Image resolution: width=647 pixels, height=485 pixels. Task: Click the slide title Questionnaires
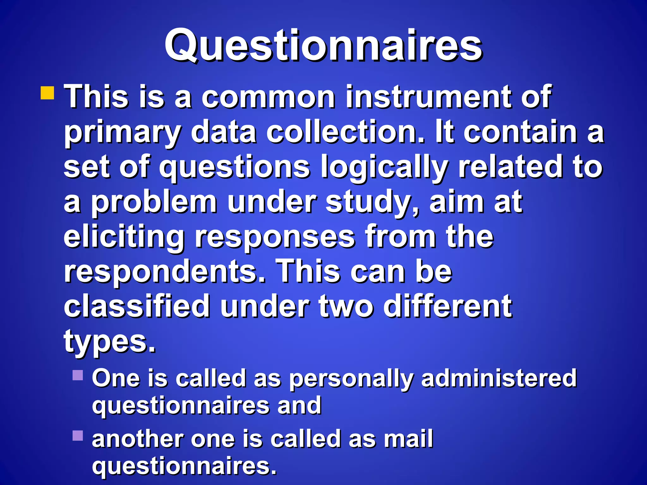tap(323, 46)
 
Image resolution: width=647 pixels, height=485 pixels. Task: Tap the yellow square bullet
tap(47, 93)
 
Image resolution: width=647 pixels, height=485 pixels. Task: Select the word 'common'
tap(268, 97)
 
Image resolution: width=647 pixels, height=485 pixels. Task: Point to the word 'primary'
tap(123, 133)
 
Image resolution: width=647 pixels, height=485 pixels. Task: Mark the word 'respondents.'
tap(165, 272)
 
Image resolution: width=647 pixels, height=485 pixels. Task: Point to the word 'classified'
tap(137, 306)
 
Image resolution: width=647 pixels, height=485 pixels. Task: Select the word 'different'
tap(448, 306)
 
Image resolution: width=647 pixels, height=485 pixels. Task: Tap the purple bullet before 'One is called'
tap(78, 375)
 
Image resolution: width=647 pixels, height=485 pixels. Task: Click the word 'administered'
tap(499, 378)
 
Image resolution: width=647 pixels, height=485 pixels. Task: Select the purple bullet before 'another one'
tap(78, 436)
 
